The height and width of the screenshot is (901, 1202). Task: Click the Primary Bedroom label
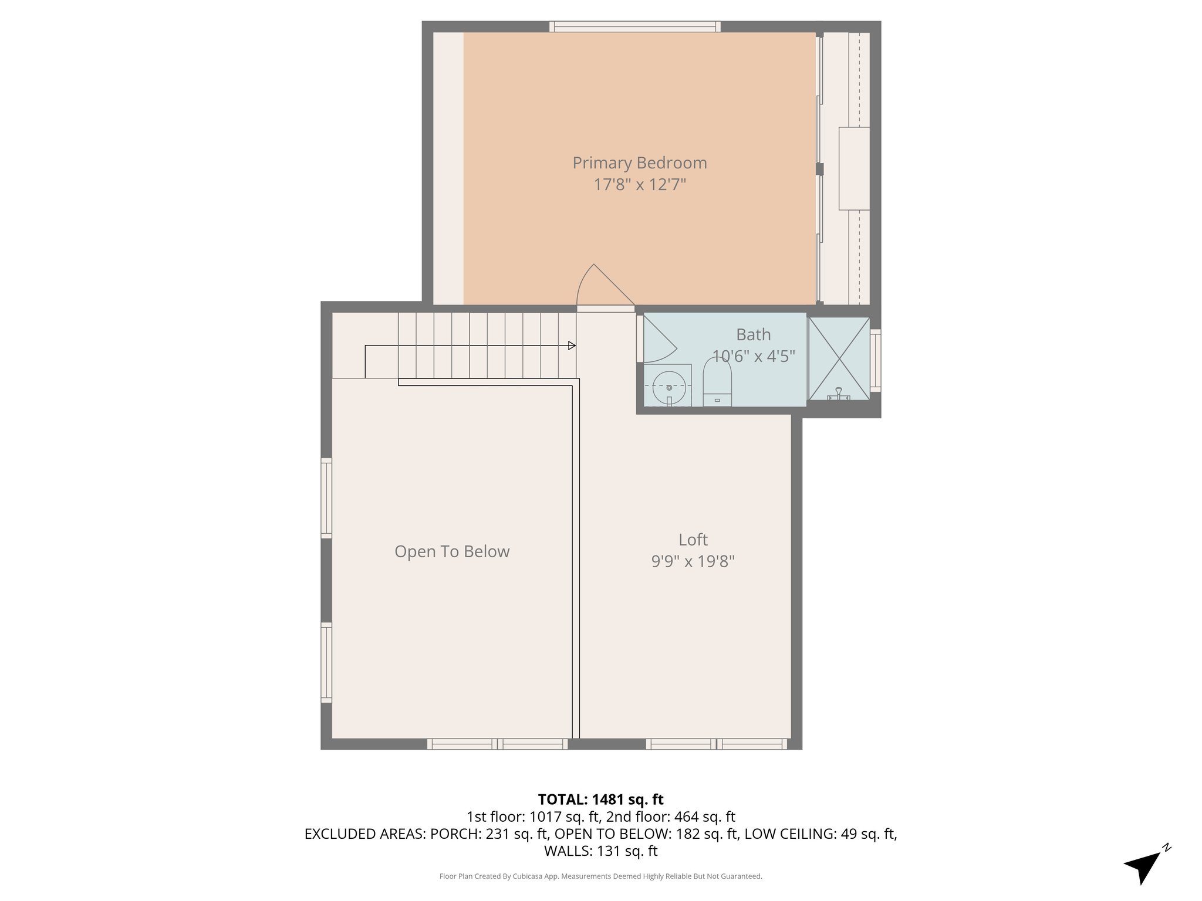point(639,162)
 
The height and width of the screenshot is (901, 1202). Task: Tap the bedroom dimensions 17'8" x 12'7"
point(639,185)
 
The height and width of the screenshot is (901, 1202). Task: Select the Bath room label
point(753,334)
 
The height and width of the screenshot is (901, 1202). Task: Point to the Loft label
point(693,539)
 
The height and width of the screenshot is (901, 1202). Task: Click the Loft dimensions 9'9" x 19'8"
point(693,561)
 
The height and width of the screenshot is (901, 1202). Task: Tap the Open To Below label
point(452,551)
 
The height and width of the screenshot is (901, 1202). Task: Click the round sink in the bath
point(668,387)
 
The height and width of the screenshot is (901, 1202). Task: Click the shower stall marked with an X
point(839,358)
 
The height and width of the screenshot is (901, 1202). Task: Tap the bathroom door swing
point(659,340)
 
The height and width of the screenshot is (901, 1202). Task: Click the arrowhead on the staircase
point(572,346)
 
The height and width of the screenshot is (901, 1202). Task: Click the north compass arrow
point(1143,867)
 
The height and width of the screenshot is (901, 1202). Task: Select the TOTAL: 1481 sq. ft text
point(600,800)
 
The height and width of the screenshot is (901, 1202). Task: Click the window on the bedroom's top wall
point(635,26)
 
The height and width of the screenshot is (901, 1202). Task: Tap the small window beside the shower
point(875,360)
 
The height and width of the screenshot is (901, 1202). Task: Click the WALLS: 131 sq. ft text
point(600,851)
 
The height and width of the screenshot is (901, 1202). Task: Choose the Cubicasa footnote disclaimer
point(600,876)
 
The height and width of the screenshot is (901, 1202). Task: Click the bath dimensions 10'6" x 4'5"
point(753,356)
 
